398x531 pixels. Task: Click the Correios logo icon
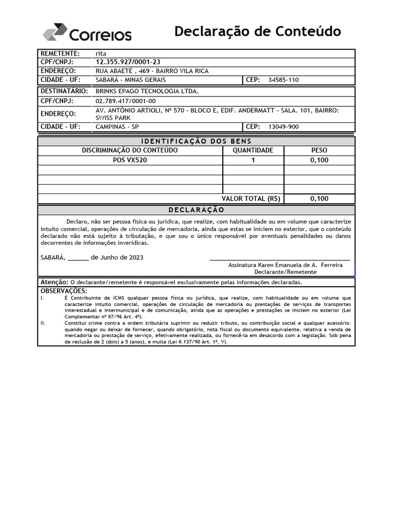pyautogui.click(x=55, y=32)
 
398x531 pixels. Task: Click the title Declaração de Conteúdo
pyautogui.click(x=258, y=32)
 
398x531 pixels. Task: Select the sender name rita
pyautogui.click(x=101, y=53)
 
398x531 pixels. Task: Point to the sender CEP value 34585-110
pyautogui.click(x=283, y=80)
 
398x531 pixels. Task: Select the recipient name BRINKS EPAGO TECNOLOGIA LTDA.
pyautogui.click(x=147, y=91)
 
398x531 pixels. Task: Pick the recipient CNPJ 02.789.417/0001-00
pyautogui.click(x=125, y=101)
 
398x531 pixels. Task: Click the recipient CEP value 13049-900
pyautogui.click(x=283, y=127)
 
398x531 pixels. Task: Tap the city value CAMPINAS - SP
pyautogui.click(x=117, y=127)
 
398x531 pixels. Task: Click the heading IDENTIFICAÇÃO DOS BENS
pyautogui.click(x=196, y=142)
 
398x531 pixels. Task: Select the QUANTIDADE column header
pyautogui.click(x=253, y=150)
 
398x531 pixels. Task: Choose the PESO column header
pyautogui.click(x=319, y=150)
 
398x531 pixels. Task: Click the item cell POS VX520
pyautogui.click(x=130, y=160)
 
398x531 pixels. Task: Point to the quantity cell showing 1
pyautogui.click(x=253, y=160)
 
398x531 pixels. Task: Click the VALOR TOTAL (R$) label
pyautogui.click(x=251, y=199)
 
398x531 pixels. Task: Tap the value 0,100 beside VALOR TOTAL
pyautogui.click(x=319, y=199)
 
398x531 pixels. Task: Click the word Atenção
pyautogui.click(x=54, y=282)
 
